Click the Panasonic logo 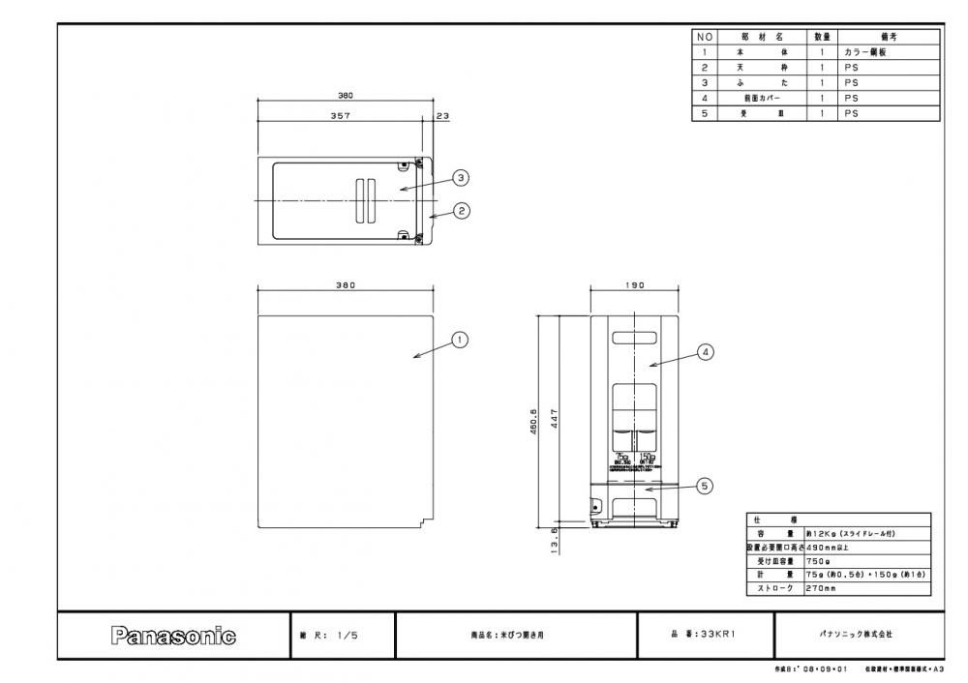click(x=174, y=636)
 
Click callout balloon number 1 click(x=461, y=339)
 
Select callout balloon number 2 click(x=462, y=211)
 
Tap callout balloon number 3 click(x=462, y=177)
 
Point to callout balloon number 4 click(x=706, y=353)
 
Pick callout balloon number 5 click(x=706, y=486)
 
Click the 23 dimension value click(x=442, y=115)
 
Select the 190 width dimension click(x=634, y=285)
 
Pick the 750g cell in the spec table click(x=818, y=560)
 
